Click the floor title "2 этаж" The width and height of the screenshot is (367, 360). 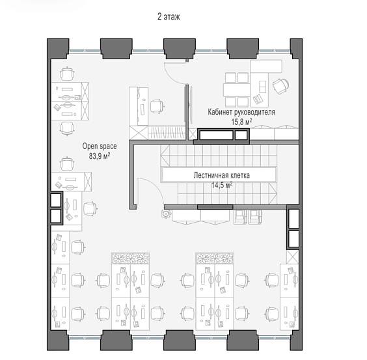click(x=169, y=17)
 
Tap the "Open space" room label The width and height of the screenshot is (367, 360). click(x=100, y=146)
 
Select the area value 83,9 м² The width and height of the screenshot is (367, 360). click(x=100, y=156)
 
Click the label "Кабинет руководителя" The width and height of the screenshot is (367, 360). click(x=241, y=112)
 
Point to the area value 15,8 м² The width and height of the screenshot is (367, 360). click(x=242, y=122)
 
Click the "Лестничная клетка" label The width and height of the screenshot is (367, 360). click(x=222, y=175)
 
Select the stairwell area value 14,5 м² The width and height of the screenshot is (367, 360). click(x=222, y=186)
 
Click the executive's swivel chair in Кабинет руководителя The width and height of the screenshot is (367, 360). click(x=280, y=86)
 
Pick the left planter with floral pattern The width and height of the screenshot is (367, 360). click(x=130, y=258)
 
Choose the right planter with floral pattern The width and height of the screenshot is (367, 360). click(x=215, y=258)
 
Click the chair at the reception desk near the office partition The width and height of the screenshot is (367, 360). click(x=157, y=106)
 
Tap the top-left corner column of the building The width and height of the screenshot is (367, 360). click(x=58, y=49)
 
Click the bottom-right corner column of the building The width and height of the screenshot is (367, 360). click(x=296, y=340)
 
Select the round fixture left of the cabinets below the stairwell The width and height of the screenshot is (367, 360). click(x=166, y=214)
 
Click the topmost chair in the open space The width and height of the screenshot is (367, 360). click(x=67, y=74)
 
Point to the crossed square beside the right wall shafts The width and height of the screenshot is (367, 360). click(x=293, y=256)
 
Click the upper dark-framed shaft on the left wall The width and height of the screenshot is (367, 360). click(x=56, y=201)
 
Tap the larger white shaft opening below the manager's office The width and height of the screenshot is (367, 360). click(x=216, y=135)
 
